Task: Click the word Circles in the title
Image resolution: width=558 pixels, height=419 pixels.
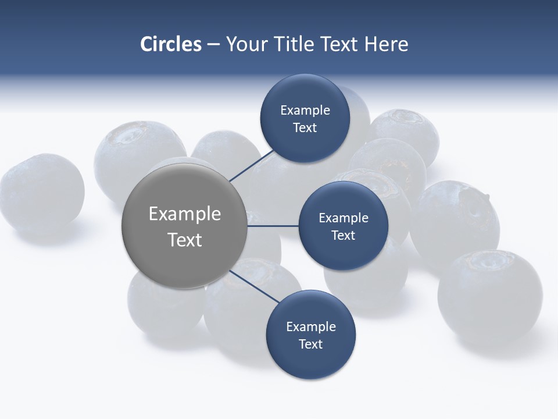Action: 171,44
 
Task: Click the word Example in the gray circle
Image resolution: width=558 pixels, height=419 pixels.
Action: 184,214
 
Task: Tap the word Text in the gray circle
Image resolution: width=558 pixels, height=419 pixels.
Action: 184,240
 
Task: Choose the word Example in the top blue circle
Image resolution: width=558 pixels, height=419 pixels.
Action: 305,111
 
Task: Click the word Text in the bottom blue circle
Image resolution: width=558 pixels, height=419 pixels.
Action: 310,344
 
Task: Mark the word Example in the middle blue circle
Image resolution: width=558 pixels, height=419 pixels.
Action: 343,218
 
